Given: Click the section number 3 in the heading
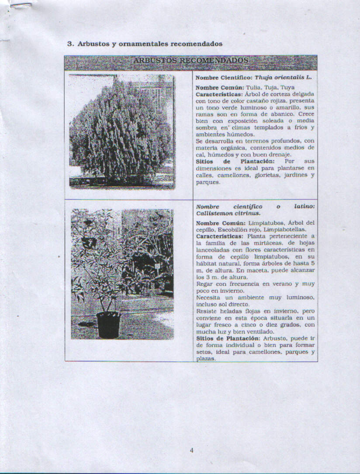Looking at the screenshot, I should point(69,44).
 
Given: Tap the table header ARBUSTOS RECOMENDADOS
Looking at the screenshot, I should point(191,60).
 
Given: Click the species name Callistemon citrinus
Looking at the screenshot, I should point(228,213).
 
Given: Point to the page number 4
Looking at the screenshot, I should point(191,451).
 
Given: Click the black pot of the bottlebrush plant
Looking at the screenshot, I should point(108,324).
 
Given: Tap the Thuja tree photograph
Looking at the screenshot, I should point(121,131).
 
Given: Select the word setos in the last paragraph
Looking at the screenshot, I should point(202,352).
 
